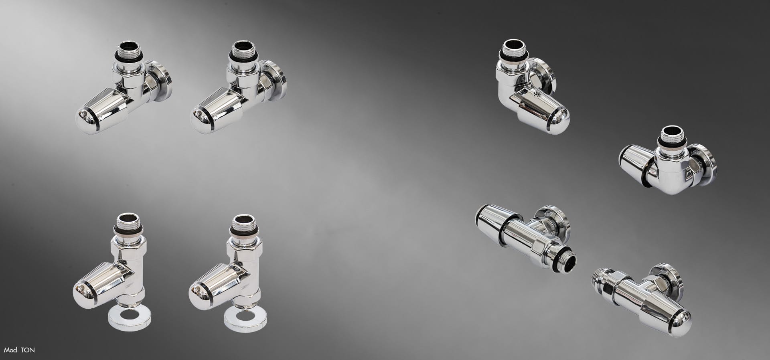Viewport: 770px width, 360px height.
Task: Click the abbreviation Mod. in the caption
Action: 11,350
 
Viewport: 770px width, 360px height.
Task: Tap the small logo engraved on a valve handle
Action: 537,95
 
